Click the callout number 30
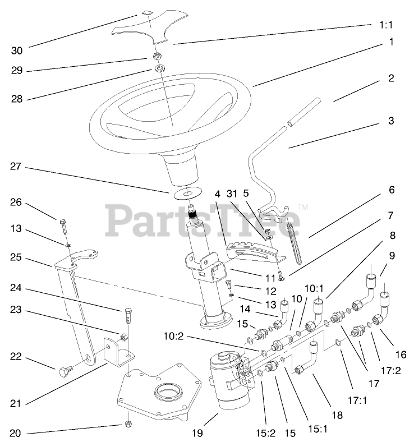pyautogui.click(x=17, y=50)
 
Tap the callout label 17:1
pyautogui.click(x=356, y=400)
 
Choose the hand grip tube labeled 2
pyautogui.click(x=303, y=112)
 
